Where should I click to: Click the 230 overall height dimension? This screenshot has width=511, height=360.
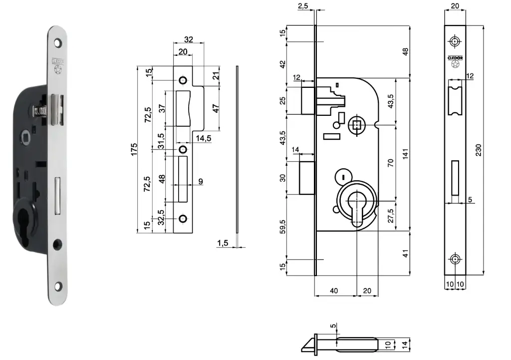(478, 150)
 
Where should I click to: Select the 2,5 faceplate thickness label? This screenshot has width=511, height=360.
(303, 6)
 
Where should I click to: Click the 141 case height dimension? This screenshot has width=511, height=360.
(405, 155)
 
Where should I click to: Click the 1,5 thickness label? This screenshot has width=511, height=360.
(223, 243)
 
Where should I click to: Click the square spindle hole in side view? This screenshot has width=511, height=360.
(357, 125)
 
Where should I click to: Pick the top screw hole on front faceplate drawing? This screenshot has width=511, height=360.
(455, 40)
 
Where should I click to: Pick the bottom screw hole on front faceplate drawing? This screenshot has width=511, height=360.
(455, 259)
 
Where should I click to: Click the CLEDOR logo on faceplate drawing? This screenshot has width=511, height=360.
(455, 58)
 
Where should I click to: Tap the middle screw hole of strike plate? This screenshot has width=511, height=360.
(183, 149)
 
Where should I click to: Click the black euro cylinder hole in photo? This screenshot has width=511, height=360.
(24, 222)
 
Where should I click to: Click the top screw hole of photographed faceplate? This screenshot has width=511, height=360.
(58, 43)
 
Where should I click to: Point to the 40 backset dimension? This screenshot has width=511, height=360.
(334, 290)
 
